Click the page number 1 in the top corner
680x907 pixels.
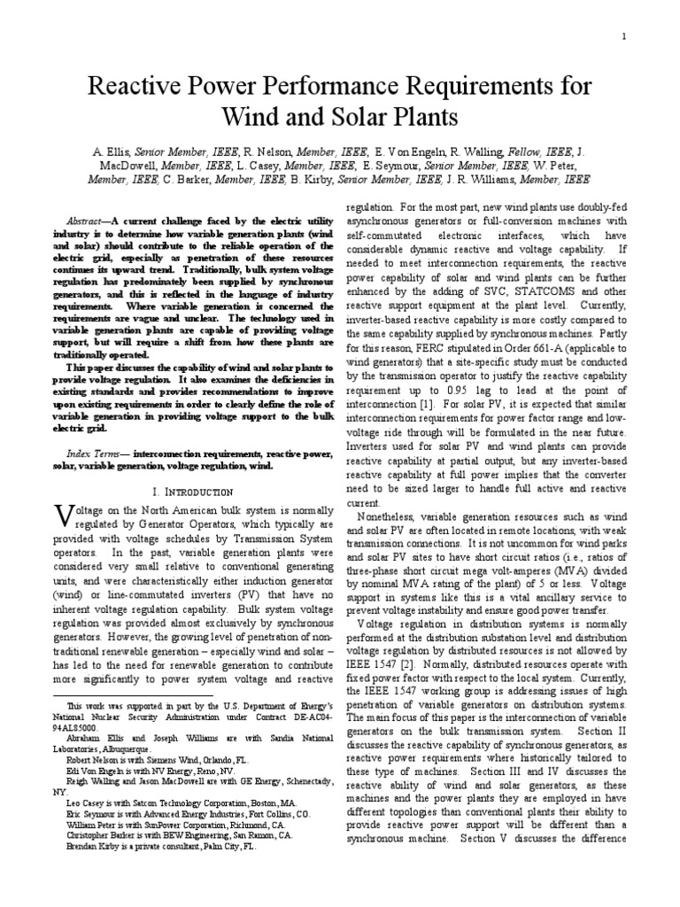point(625,36)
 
